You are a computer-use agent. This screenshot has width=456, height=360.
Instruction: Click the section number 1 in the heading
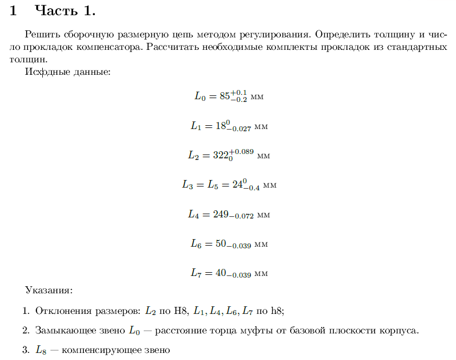point(14,10)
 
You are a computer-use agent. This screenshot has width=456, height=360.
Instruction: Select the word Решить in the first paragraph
point(41,34)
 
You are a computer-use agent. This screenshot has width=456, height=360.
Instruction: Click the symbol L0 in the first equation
point(200,97)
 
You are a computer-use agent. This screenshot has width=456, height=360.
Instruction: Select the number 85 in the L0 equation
point(224,97)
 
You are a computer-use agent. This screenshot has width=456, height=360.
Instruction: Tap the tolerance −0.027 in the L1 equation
point(239,129)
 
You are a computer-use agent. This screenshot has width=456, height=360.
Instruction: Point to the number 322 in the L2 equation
point(221,155)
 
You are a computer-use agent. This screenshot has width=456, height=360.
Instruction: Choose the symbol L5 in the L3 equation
point(214,185)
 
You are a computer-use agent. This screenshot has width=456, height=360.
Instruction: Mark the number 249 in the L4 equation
point(222,214)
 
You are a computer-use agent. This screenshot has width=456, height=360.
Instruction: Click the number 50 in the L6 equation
point(220,243)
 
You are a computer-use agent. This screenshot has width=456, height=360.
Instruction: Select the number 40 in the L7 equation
point(220,273)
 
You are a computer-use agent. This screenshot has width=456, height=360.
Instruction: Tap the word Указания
point(48,290)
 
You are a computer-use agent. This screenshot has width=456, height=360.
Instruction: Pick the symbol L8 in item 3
point(41,350)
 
